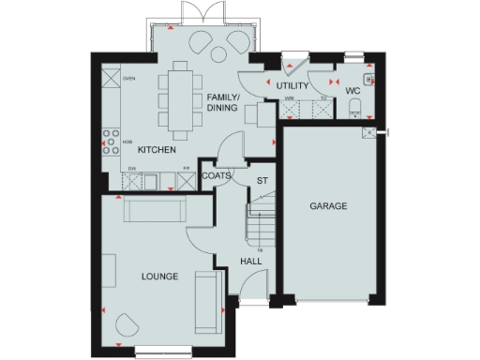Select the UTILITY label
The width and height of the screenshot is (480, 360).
click(292, 86)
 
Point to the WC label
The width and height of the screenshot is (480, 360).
click(352, 91)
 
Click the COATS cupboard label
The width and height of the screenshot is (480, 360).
click(217, 174)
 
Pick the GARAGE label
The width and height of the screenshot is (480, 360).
click(329, 205)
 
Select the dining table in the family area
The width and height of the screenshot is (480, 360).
click(177, 97)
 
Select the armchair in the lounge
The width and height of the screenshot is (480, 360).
click(127, 325)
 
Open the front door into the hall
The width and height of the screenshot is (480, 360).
click(249, 302)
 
